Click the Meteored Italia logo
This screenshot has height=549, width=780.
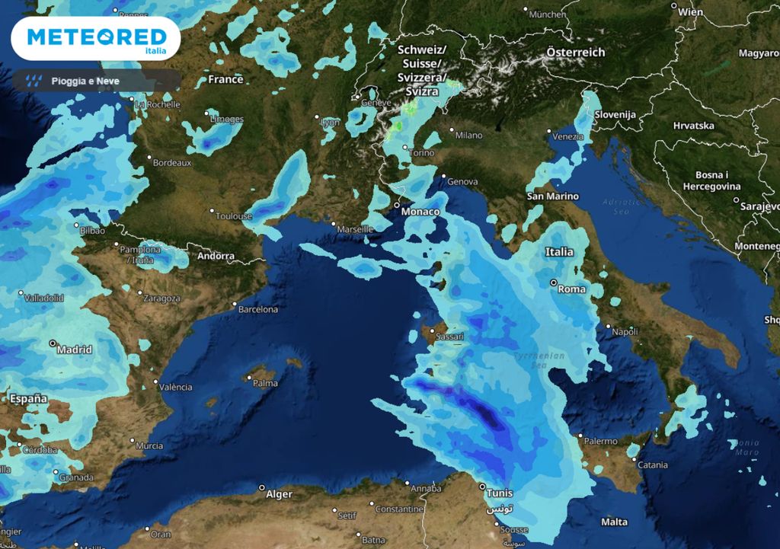(96, 38)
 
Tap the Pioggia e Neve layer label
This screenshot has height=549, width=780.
(85, 81)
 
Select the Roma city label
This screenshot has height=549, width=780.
(572, 289)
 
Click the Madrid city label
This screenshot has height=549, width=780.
(75, 350)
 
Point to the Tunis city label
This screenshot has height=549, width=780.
(500, 493)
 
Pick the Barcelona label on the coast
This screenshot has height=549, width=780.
(258, 309)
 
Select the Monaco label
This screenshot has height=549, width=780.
(421, 211)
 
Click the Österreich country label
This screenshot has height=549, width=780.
(575, 53)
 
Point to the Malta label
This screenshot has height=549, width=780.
(614, 522)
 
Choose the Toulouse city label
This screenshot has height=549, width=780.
(233, 216)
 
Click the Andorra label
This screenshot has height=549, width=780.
(216, 256)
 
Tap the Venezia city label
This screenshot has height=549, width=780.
(568, 136)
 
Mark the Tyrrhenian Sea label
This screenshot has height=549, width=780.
(539, 359)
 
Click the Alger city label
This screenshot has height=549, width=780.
(279, 494)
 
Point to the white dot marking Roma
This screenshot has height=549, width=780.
(555, 282)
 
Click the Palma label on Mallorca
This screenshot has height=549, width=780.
(265, 383)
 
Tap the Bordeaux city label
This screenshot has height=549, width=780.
(171, 162)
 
